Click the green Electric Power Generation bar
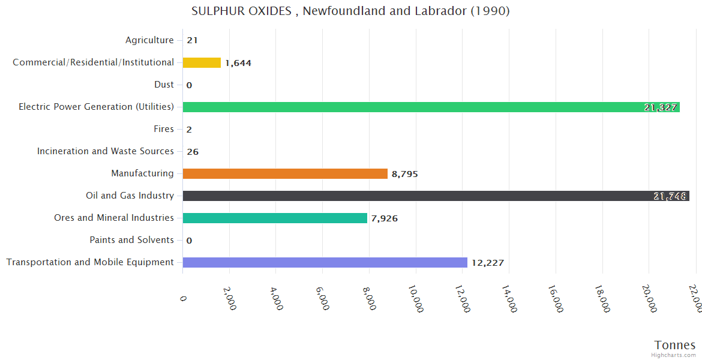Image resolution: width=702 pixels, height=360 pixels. point(431,107)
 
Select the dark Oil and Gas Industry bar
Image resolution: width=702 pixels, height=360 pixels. point(436,196)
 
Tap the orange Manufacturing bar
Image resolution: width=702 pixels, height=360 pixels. point(285,174)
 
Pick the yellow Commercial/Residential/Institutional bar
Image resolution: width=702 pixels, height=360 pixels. point(202,63)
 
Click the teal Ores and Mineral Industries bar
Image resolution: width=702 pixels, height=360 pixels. point(275,218)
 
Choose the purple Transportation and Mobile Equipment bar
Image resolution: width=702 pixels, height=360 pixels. point(325,263)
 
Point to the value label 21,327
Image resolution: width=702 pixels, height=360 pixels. point(661,108)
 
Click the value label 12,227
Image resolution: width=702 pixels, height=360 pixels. point(487,263)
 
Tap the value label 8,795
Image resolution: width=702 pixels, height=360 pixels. point(404,175)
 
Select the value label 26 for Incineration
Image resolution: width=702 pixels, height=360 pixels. point(193,152)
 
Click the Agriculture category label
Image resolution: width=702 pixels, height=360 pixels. point(149,40)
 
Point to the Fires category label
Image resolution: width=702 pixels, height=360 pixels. point(164,129)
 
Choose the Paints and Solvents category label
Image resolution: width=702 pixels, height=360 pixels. point(131,240)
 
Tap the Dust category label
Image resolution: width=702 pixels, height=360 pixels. point(164,85)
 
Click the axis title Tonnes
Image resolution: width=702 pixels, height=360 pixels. point(675,345)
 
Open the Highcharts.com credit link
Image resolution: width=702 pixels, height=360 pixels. point(674,355)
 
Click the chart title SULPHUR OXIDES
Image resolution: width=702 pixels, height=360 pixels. point(350,11)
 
